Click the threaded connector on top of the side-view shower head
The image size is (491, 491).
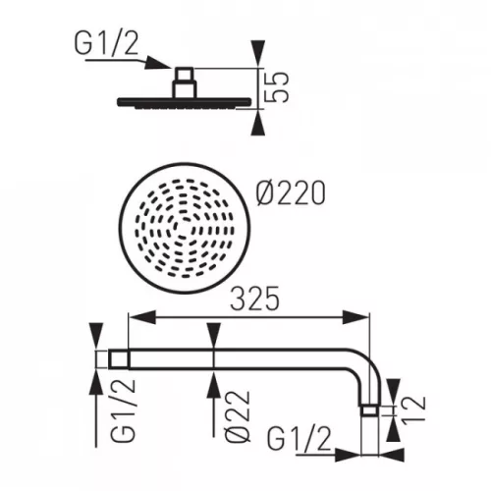click(184, 81)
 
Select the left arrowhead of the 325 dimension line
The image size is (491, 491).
click(138, 315)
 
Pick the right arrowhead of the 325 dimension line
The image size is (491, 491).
click(360, 315)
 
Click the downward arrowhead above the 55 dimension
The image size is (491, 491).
click(257, 53)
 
